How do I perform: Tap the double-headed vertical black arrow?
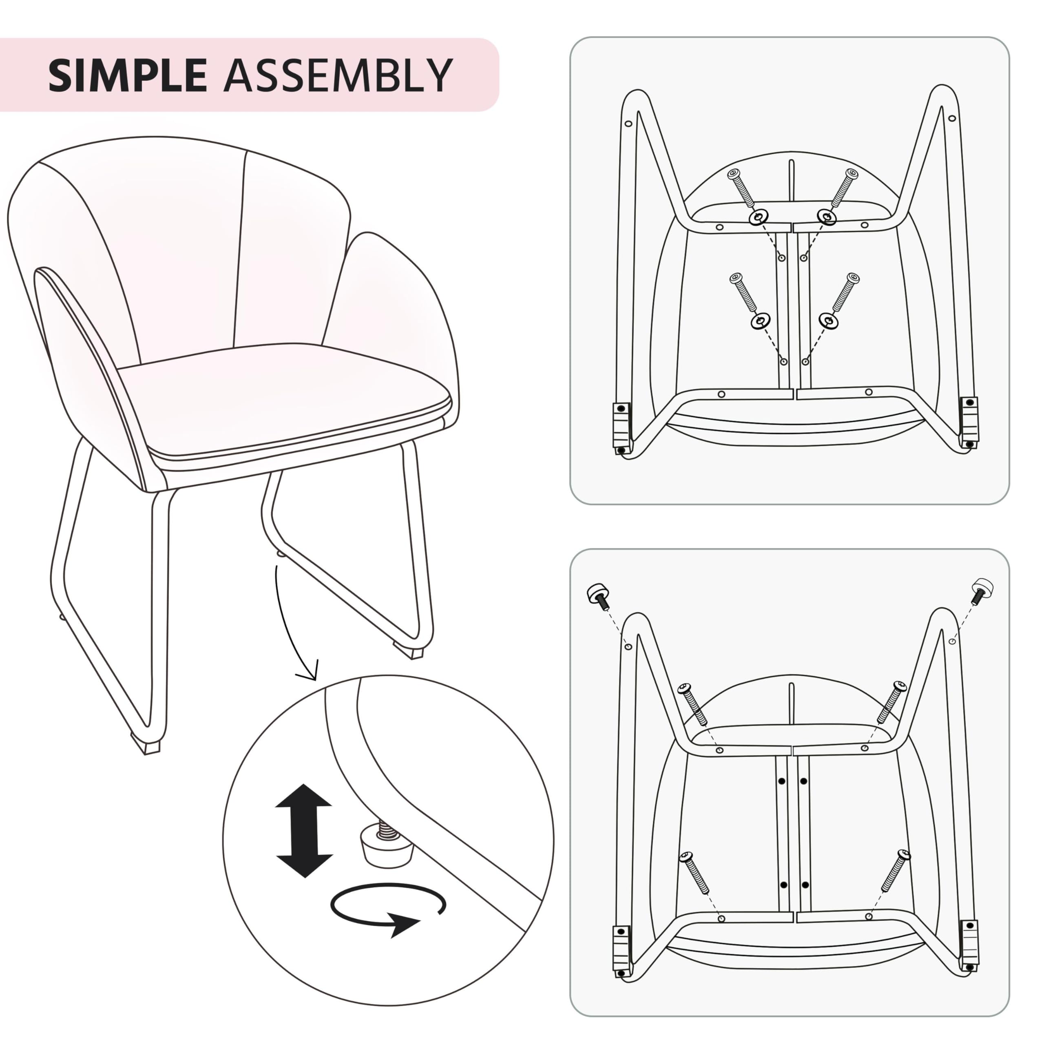[x=304, y=831]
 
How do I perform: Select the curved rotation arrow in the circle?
[x=388, y=911]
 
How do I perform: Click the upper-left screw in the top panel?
[x=742, y=190]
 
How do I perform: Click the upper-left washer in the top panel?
[x=758, y=218]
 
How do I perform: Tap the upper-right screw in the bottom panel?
[x=891, y=701]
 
